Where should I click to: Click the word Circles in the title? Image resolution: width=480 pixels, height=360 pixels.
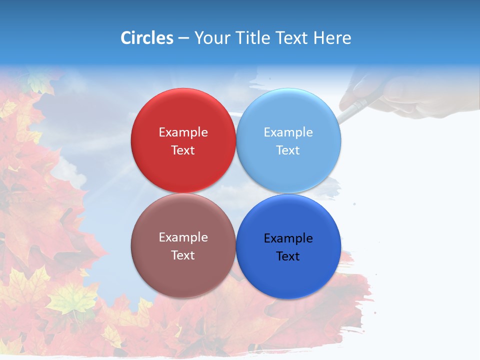coord(146,38)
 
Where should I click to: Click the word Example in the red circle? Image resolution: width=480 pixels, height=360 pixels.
coord(183,132)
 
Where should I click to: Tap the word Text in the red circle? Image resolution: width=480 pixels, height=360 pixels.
coord(183,150)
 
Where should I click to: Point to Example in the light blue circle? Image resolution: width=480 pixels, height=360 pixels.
coord(288,132)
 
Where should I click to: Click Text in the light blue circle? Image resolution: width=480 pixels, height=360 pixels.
coord(288,150)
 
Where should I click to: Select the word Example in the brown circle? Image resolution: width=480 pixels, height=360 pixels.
coord(183,237)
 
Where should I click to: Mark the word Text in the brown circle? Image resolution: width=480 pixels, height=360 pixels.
coord(183,255)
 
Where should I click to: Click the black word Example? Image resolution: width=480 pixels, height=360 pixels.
coord(288,238)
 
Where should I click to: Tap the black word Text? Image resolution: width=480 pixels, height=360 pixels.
coord(288,256)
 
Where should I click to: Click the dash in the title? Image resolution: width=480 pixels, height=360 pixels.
coord(183,38)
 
